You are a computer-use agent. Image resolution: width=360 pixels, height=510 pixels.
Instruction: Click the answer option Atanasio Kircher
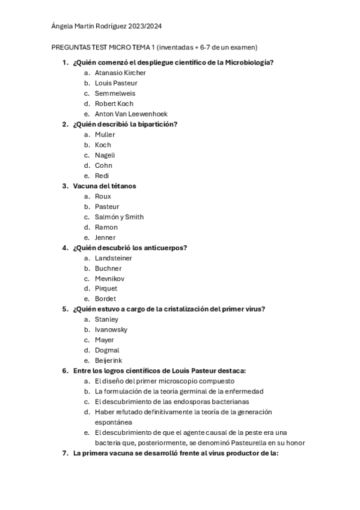click(120, 73)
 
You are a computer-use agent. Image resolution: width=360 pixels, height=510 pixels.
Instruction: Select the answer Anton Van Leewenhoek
click(131, 114)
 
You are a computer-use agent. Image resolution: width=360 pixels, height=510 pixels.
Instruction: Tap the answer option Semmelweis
click(115, 93)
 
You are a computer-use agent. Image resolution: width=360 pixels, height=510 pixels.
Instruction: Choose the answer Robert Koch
click(114, 103)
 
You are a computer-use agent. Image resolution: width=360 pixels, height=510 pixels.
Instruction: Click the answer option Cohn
click(103, 165)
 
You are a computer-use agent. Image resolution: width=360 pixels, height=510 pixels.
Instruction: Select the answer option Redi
click(101, 176)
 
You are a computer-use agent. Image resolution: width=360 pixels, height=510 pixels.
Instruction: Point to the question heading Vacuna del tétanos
click(105, 186)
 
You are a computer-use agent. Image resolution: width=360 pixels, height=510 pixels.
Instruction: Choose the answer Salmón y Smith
click(119, 217)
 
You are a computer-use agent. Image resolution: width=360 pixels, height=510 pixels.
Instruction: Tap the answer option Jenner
click(105, 238)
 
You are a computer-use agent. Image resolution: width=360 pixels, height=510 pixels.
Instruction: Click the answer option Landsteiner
click(114, 258)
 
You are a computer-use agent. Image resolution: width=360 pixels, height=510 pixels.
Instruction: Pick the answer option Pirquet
click(106, 289)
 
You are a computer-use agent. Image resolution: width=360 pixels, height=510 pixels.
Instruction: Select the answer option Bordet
click(106, 299)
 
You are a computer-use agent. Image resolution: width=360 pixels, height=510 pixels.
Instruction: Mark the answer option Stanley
click(107, 319)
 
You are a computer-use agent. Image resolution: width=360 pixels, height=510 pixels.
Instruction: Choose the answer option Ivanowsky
click(111, 330)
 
